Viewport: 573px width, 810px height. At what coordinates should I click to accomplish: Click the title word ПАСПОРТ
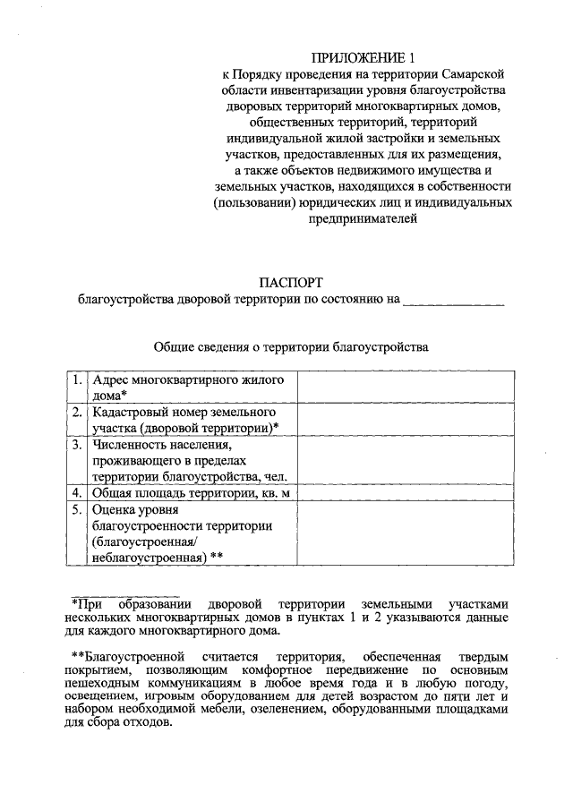pos(290,282)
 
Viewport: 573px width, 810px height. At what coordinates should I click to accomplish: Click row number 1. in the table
pos(78,380)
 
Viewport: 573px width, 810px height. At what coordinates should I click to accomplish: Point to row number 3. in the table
pos(78,444)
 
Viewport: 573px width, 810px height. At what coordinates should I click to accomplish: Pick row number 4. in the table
pos(78,492)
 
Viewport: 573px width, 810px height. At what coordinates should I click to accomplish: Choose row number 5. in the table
pos(78,509)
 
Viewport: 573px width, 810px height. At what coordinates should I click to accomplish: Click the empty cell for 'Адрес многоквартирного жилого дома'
pos(406,388)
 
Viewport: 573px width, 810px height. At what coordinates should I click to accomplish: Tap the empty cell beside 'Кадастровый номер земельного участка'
pos(406,420)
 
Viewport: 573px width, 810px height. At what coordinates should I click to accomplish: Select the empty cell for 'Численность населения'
pos(406,460)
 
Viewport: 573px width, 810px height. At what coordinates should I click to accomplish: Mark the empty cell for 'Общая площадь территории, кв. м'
pos(406,492)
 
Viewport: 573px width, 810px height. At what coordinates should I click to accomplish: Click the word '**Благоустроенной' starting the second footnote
pos(124,658)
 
